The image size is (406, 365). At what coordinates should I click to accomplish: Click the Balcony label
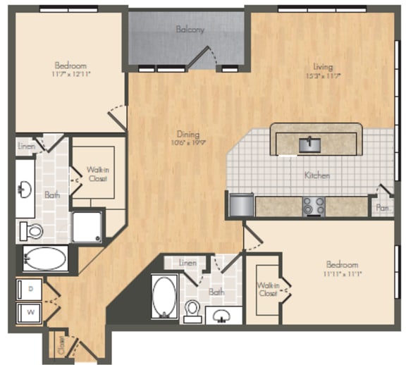pyautogui.click(x=190, y=30)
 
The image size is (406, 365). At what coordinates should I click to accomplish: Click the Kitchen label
pyautogui.click(x=317, y=175)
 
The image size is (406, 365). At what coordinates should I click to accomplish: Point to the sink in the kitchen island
pyautogui.click(x=310, y=144)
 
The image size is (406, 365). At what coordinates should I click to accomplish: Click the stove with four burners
pyautogui.click(x=313, y=206)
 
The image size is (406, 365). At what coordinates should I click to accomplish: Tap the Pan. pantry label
pyautogui.click(x=383, y=208)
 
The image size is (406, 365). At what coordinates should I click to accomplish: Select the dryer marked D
pyautogui.click(x=30, y=288)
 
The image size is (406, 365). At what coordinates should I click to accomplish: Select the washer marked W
pyautogui.click(x=30, y=309)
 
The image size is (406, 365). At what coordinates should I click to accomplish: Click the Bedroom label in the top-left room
pyautogui.click(x=69, y=66)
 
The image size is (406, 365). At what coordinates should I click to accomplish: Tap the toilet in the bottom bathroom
pyautogui.click(x=192, y=309)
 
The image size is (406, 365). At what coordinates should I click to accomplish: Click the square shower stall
pyautogui.click(x=87, y=225)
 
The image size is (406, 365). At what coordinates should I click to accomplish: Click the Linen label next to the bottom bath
pyautogui.click(x=187, y=262)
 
